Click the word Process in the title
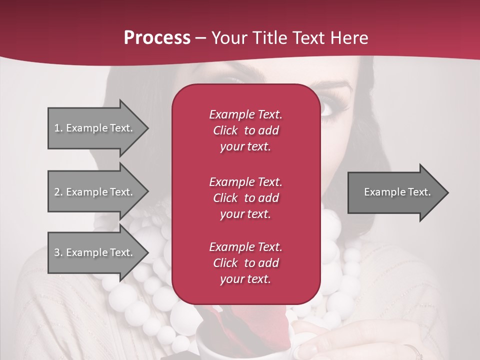157,38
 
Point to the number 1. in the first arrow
58,128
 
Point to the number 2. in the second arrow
58,192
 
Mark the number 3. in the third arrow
58,252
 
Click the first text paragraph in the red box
245,130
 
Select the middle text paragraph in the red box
245,197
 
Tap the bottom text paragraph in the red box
245,263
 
